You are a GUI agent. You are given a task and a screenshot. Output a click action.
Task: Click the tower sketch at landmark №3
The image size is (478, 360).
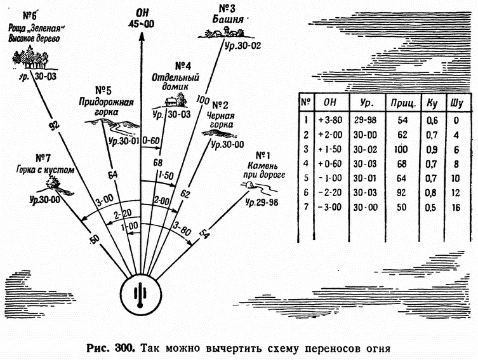click(226, 30)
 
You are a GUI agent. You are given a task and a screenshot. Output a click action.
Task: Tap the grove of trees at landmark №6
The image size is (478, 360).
click(30, 58)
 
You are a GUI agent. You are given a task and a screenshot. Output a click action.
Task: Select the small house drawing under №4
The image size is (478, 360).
click(171, 102)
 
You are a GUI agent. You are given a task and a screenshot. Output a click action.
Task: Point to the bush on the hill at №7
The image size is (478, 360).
click(53, 183)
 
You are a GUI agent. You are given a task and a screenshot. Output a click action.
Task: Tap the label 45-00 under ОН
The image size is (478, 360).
click(141, 23)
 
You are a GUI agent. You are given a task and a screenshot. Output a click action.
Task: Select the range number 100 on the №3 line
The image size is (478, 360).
click(202, 100)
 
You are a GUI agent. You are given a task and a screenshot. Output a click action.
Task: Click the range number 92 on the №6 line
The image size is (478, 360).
click(54, 125)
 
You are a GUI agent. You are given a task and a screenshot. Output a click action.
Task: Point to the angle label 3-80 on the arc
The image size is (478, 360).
click(182, 229)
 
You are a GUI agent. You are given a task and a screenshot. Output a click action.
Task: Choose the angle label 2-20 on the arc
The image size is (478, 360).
click(123, 214)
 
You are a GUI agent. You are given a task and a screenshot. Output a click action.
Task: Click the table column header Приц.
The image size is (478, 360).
click(403, 103)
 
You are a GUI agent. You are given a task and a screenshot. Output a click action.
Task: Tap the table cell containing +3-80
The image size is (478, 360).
click(330, 120)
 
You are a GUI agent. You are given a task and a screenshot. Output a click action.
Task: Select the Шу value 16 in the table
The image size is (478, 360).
click(456, 208)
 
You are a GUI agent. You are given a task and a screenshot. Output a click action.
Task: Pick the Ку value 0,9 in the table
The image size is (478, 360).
click(432, 150)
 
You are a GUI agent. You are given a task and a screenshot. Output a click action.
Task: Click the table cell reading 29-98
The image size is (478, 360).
click(365, 120)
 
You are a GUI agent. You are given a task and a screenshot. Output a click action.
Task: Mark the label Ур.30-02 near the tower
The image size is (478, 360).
click(243, 46)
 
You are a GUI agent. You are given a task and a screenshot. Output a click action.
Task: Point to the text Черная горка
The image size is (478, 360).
click(220, 120)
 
